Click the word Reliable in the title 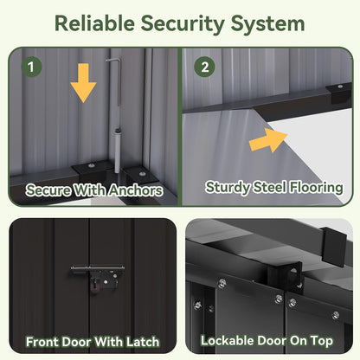94,23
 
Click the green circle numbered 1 31,67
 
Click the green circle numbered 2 204,67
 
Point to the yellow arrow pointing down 83,83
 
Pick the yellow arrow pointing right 268,140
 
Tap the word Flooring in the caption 317,188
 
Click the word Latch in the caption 143,342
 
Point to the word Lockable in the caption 227,341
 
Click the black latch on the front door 98,278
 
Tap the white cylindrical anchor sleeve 118,151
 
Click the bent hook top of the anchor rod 112,60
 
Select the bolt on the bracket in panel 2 340,87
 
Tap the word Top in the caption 322,341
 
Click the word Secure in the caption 48,190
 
